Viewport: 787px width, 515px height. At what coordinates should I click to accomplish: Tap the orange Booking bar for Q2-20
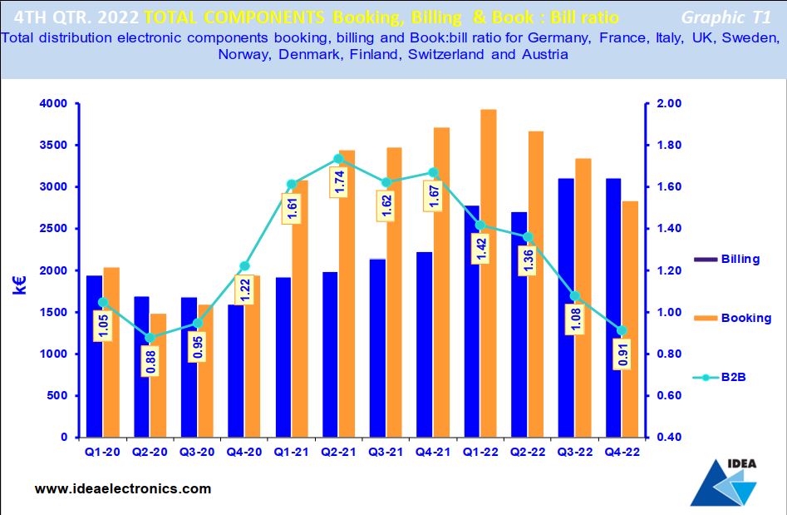click(x=158, y=375)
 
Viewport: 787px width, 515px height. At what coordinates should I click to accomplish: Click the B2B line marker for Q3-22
click(x=573, y=296)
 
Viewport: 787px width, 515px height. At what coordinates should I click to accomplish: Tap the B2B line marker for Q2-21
click(x=337, y=158)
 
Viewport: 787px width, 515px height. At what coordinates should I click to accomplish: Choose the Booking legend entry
click(x=745, y=318)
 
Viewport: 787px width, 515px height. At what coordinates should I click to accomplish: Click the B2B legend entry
click(x=733, y=377)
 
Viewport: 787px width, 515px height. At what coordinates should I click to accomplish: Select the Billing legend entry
click(x=740, y=259)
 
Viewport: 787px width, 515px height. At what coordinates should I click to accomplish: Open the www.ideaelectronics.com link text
click(x=123, y=488)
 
